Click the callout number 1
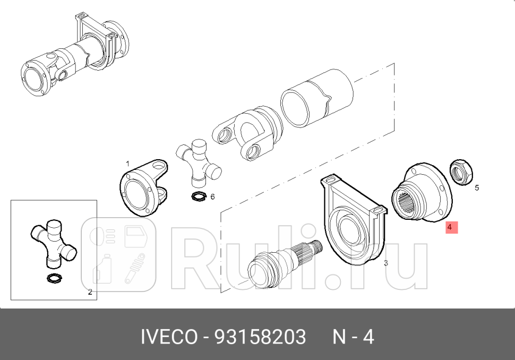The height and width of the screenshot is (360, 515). point(127,163)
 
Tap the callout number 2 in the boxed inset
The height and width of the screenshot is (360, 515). point(90,292)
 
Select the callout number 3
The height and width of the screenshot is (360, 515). point(385,263)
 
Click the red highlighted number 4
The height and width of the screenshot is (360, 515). point(449,227)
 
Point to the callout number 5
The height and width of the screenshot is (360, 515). point(476,187)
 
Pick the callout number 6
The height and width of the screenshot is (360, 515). point(212,196)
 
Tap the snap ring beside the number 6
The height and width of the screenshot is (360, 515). point(199,197)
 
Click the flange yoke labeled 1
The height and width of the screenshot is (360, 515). point(141,188)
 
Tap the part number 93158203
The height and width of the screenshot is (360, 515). point(260,337)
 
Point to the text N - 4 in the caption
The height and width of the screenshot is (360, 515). point(353,337)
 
